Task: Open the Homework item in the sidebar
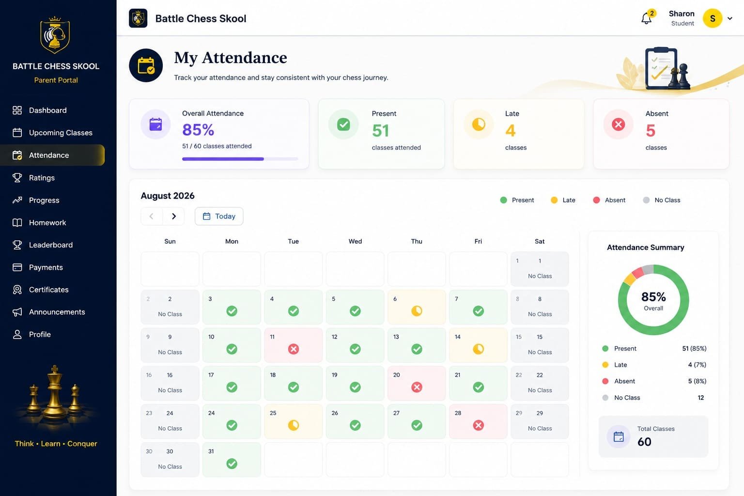point(47,223)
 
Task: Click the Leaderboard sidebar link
point(50,245)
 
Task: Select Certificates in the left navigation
point(48,290)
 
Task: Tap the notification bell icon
point(646,18)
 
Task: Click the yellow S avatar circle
point(713,18)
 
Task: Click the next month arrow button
point(173,216)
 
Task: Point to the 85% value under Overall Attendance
point(198,129)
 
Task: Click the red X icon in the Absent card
point(618,124)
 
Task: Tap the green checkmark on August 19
point(355,387)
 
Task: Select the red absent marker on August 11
point(293,349)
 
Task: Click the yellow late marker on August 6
point(417,311)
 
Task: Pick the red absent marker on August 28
point(478,425)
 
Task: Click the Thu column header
point(417,241)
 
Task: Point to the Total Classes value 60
point(644,442)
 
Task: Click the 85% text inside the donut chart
point(653,296)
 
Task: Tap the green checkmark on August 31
point(232,464)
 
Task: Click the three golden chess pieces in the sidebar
point(54,395)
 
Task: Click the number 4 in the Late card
point(511,130)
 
